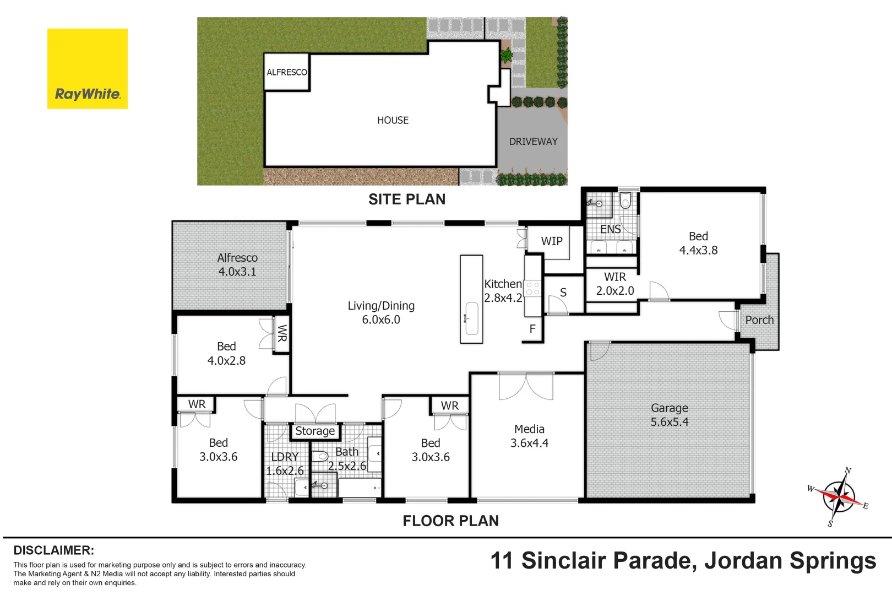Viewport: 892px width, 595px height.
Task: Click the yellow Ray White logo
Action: click(87, 68)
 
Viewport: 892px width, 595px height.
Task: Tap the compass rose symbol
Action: click(839, 497)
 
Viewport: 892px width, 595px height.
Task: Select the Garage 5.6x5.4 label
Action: click(670, 415)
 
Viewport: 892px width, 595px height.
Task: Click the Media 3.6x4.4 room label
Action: click(529, 436)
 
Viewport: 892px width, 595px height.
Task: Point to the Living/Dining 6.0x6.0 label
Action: click(381, 312)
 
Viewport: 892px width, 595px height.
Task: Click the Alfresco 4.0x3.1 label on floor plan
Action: click(237, 264)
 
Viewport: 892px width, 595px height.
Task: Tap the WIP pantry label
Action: click(552, 241)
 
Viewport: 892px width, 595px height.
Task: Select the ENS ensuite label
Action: click(611, 229)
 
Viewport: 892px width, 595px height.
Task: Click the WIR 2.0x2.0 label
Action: click(615, 284)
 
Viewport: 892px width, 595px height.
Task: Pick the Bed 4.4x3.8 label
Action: click(699, 243)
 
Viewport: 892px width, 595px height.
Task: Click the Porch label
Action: click(759, 320)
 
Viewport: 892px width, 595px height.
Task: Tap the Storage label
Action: click(315, 431)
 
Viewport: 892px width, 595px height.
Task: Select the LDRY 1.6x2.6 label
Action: click(285, 463)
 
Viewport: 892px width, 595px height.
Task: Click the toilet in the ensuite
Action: click(626, 201)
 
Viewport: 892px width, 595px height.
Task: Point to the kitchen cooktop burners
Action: click(532, 289)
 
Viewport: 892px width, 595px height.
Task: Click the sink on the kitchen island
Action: click(472, 318)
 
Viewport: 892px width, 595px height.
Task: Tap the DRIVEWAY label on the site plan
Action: click(533, 142)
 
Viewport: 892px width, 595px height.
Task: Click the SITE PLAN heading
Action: click(407, 199)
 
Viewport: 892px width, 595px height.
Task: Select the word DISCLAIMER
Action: click(54, 550)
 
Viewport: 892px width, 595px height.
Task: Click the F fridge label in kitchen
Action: click(532, 329)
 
